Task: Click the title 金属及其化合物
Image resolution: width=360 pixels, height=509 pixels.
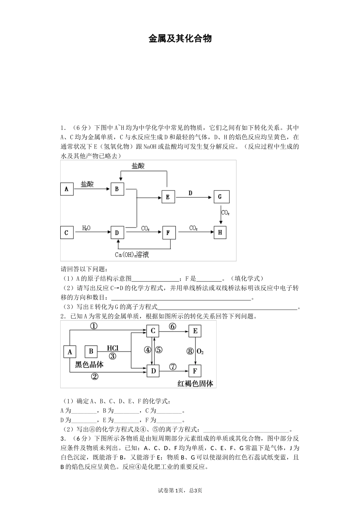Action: [x=180, y=38]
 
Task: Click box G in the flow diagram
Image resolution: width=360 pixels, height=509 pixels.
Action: [x=220, y=197]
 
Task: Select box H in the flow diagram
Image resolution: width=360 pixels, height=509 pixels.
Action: [x=220, y=233]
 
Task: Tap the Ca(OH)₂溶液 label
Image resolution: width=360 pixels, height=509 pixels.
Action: [x=132, y=254]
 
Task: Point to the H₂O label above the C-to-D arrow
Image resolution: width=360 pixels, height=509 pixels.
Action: [x=86, y=228]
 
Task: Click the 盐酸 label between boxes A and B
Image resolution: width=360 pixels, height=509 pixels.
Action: [x=87, y=184]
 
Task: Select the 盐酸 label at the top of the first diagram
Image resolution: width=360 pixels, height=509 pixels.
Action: [x=138, y=166]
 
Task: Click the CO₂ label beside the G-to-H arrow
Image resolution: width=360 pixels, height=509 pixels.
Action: [x=225, y=213]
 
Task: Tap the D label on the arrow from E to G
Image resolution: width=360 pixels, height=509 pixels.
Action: [x=190, y=193]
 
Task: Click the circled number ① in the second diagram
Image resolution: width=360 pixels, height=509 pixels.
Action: [x=94, y=326]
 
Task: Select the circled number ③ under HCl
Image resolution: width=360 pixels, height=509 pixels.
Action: [x=113, y=356]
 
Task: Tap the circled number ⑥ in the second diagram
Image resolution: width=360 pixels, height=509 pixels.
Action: [x=172, y=326]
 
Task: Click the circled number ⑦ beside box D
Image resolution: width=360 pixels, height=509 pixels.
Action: [x=173, y=367]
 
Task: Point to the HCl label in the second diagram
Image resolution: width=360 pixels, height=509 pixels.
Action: [x=113, y=348]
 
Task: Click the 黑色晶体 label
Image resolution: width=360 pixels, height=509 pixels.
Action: [x=89, y=364]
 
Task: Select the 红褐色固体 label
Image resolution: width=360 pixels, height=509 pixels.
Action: [x=195, y=384]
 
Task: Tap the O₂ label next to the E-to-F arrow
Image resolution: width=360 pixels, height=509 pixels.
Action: [x=201, y=351]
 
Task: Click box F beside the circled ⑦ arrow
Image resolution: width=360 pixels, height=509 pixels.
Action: [x=195, y=371]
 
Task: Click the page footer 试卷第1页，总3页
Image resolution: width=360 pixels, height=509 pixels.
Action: [x=180, y=490]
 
